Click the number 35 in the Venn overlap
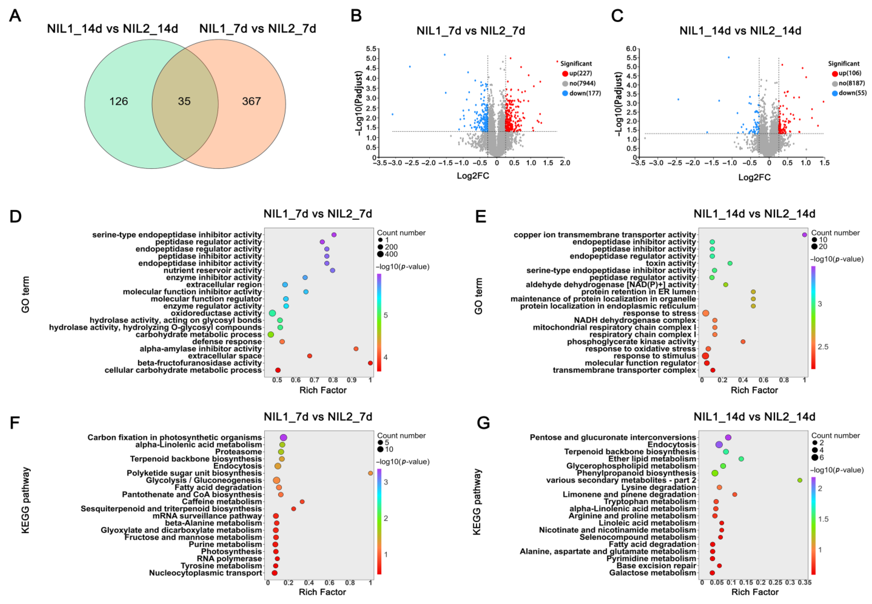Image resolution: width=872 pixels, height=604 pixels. coord(184,101)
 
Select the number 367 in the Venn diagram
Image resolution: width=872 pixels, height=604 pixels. coord(251,101)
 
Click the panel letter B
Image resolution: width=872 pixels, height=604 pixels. coord(356,16)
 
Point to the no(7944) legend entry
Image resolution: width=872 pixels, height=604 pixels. coord(582,83)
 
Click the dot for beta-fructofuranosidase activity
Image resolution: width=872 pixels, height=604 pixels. coord(370,363)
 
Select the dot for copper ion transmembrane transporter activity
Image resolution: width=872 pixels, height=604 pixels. coord(805,235)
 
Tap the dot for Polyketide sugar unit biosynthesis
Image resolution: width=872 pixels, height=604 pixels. coord(370,473)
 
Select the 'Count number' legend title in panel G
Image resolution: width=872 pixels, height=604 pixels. coord(835,436)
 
